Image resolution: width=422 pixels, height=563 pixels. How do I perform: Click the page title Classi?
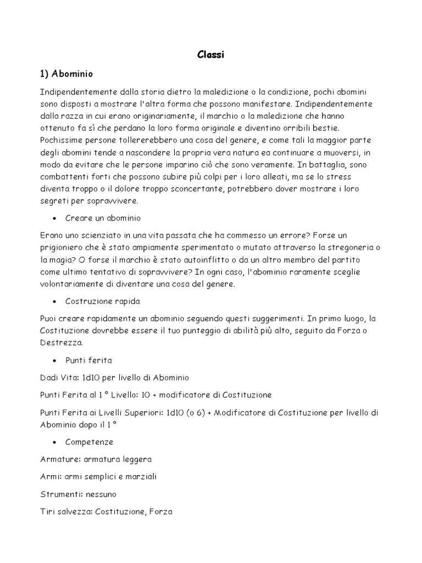tap(210, 55)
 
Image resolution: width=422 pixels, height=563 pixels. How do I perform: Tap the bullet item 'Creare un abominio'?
tap(103, 218)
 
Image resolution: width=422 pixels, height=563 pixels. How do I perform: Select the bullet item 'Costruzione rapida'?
tap(102, 301)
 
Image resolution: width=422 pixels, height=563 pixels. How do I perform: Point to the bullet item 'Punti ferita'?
tap(88, 361)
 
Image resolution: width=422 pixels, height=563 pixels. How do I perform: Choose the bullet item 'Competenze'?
tap(88, 441)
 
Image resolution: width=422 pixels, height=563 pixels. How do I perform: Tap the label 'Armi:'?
tap(51, 477)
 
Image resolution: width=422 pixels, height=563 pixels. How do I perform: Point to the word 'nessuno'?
tap(102, 494)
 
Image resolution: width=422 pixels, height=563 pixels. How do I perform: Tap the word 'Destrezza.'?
tap(62, 343)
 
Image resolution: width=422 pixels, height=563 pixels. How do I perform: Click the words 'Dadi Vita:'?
tap(59, 378)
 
